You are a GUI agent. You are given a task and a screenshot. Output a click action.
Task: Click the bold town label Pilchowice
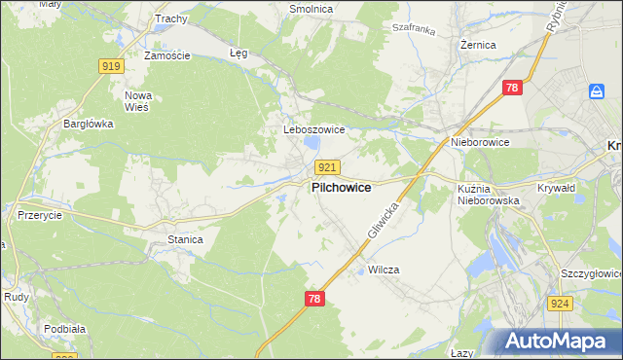tap(341, 188)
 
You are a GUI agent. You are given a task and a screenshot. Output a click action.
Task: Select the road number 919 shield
tap(111, 65)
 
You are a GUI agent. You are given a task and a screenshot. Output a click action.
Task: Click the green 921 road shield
tap(328, 167)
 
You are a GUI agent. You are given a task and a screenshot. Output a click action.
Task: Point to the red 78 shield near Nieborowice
tap(513, 89)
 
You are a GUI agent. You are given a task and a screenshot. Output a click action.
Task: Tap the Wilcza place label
tap(384, 270)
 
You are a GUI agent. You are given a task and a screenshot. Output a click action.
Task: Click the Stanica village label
tap(185, 238)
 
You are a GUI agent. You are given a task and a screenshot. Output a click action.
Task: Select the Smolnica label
tap(311, 9)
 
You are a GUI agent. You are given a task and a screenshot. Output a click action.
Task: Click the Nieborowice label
tap(480, 142)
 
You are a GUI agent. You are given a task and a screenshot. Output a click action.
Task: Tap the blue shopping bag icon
tap(597, 91)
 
